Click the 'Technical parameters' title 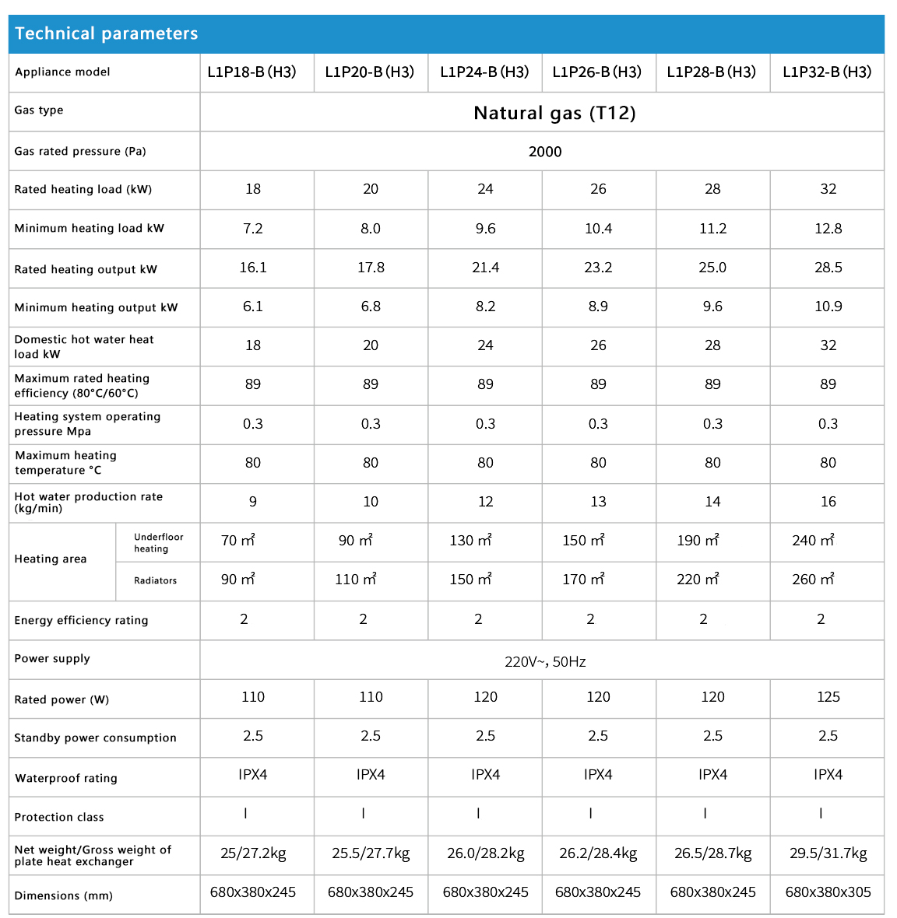click(x=107, y=33)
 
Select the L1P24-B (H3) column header click(x=484, y=72)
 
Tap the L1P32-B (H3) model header click(x=827, y=72)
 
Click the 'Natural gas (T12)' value click(x=554, y=113)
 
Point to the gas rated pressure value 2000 click(x=545, y=152)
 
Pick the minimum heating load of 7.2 click(x=253, y=229)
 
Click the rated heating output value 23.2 click(x=598, y=268)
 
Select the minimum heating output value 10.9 click(x=828, y=307)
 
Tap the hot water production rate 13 click(x=598, y=502)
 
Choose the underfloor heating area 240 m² click(x=813, y=541)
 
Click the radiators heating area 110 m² click(x=356, y=580)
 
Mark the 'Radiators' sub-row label click(x=155, y=581)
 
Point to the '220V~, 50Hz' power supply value click(x=545, y=662)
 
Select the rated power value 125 click(x=828, y=697)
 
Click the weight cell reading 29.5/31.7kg click(x=828, y=853)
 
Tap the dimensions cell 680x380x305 click(x=828, y=892)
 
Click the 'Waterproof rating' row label click(x=66, y=778)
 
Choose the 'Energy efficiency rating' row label click(x=81, y=621)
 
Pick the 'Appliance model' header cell click(x=62, y=72)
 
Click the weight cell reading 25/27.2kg click(x=253, y=853)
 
